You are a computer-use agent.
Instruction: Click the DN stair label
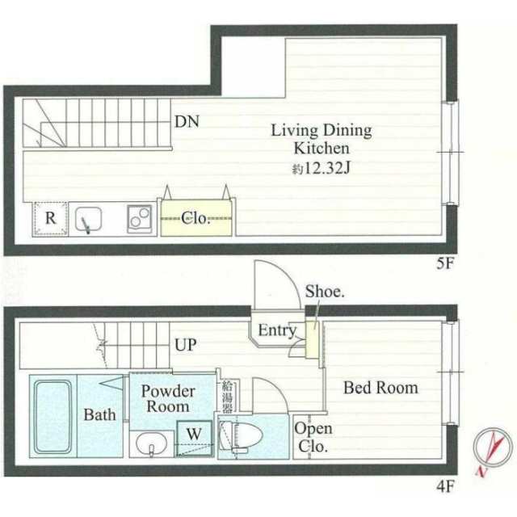pos(187,121)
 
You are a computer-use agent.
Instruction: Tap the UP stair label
pos(185,345)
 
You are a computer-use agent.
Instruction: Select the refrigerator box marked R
pos(50,218)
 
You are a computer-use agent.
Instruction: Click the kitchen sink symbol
pos(88,219)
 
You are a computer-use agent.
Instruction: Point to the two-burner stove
pos(140,219)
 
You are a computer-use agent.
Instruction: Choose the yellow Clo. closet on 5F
pos(196,218)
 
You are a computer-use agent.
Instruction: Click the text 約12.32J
pos(321,169)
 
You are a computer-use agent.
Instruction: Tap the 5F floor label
pos(446,263)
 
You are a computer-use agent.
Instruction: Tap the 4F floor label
pos(446,486)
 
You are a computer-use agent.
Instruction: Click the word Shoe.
pos(325,292)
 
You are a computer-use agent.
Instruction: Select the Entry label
pos(277,330)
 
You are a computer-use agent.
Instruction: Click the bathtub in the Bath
pos(53,417)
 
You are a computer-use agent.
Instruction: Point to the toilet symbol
pos(241,436)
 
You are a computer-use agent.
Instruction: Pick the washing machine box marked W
pos(194,439)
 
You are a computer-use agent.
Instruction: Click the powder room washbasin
pos(151,443)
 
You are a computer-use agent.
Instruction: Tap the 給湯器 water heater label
pos(227,397)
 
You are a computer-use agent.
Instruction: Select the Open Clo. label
pos(312,438)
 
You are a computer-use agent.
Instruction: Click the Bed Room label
pos(380,388)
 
